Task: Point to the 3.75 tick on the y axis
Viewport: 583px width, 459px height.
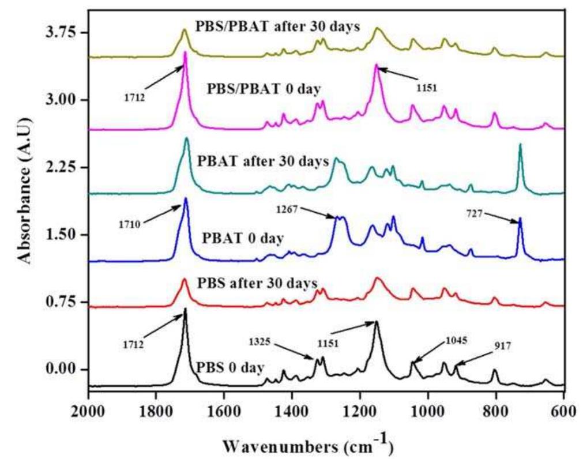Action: point(55,32)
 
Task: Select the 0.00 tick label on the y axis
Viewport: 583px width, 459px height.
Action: point(55,370)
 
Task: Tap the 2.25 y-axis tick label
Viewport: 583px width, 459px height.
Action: point(55,167)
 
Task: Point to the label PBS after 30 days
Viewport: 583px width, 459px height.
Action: point(257,283)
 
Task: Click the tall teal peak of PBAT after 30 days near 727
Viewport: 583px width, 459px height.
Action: point(520,145)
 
